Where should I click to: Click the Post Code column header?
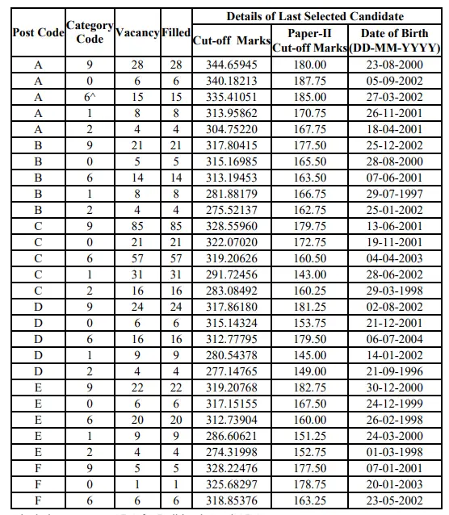pos(37,33)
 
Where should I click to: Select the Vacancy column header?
pos(137,33)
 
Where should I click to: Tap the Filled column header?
pos(176,33)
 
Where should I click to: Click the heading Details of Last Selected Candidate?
pos(315,16)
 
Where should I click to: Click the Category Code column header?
pos(90,32)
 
